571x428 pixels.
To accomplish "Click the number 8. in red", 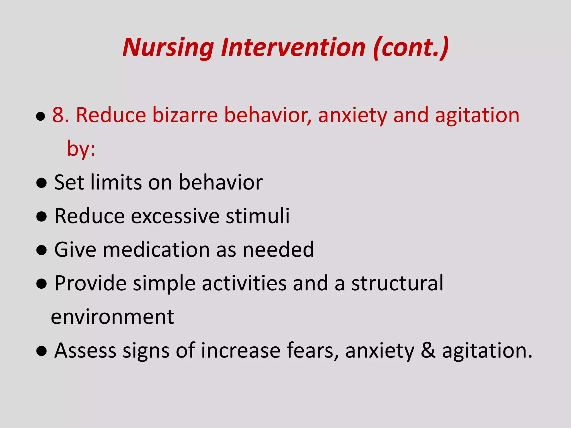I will (61, 115).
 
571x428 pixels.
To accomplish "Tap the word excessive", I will (175, 216).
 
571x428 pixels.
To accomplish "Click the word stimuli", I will (258, 216).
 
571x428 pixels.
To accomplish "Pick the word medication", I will (156, 249).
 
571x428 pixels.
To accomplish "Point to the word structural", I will (397, 283).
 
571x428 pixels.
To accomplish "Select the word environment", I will (112, 317).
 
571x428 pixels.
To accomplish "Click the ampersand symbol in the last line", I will (428, 350).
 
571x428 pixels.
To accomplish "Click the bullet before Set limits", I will (41, 183).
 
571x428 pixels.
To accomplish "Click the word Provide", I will (90, 283).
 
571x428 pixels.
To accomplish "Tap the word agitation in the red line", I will (477, 115).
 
